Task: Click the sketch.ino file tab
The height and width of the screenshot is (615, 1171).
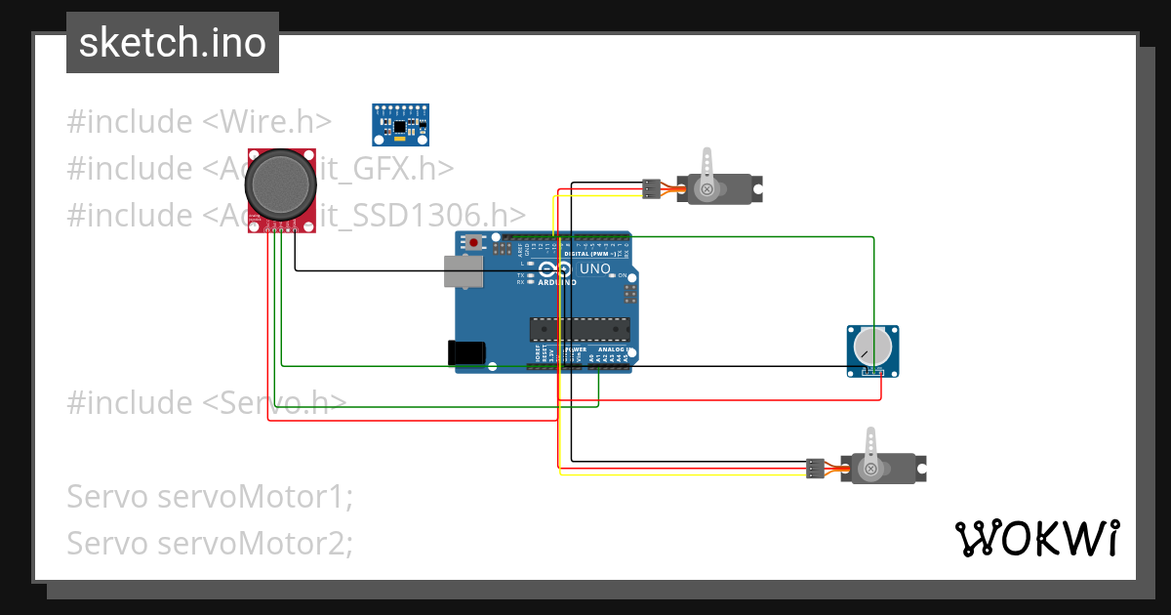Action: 172,43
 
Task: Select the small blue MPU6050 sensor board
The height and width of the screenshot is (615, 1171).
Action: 400,124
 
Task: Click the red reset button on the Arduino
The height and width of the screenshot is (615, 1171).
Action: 474,242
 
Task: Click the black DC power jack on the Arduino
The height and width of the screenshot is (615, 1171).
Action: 464,351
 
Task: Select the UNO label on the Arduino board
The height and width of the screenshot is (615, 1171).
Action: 594,268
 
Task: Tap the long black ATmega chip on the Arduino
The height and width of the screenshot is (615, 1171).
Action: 579,330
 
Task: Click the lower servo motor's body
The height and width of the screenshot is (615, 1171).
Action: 884,468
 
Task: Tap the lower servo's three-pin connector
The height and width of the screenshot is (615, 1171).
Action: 816,469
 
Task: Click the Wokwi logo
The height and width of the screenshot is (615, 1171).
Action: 1036,538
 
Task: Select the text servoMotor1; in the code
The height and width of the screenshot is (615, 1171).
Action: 256,496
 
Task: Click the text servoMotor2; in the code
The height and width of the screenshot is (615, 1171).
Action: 256,542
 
